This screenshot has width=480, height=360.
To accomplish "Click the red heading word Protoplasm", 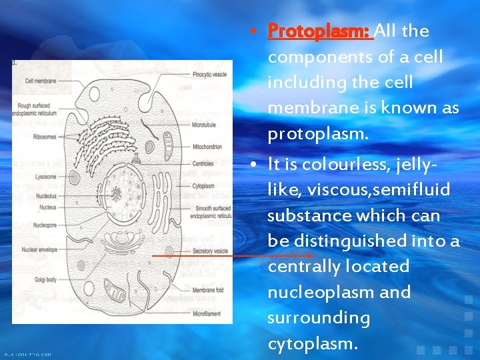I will (319, 31).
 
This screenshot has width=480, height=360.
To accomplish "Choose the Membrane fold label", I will (209, 291).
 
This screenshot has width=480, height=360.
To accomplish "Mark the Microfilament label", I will (207, 313).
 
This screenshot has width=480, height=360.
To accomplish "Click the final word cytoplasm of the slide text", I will (312, 343).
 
